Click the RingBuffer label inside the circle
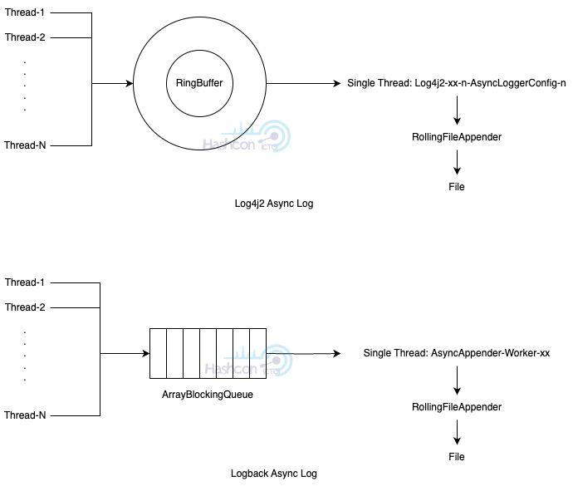(199, 83)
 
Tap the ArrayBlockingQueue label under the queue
(208, 395)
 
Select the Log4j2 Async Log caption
(274, 204)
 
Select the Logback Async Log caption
(274, 474)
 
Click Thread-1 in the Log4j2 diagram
(25, 12)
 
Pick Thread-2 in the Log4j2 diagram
(25, 37)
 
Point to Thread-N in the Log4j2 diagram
(25, 145)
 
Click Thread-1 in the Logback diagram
(25, 282)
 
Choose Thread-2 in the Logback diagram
(25, 307)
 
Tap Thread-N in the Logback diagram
(25, 415)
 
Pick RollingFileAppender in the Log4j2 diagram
(457, 137)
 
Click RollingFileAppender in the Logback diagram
(457, 407)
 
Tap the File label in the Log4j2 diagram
(457, 187)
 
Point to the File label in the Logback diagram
(457, 457)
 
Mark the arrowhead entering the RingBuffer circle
(130, 83)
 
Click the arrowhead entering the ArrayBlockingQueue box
(146, 353)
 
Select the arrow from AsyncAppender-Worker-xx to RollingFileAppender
(457, 380)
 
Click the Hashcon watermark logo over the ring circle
(247, 136)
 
